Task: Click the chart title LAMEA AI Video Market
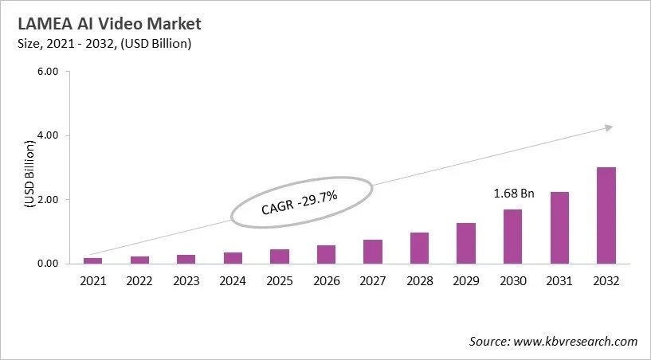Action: tap(104, 23)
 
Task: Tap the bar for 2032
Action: tap(606, 215)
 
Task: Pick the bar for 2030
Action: tap(513, 236)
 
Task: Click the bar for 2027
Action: tap(373, 251)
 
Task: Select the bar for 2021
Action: tap(93, 260)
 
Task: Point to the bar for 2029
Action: tap(466, 243)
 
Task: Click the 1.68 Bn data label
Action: tap(514, 194)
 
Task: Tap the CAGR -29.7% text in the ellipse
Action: tap(301, 201)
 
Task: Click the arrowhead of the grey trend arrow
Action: tap(608, 127)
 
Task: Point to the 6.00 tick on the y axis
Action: tap(49, 72)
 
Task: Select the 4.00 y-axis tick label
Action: tap(49, 135)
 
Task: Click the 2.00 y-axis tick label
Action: tap(49, 199)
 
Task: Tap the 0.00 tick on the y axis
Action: tap(49, 264)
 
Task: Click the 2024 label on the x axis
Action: tap(233, 280)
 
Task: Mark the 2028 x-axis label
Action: tap(420, 280)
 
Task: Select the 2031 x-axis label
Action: tap(559, 280)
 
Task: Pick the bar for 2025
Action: tap(280, 256)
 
